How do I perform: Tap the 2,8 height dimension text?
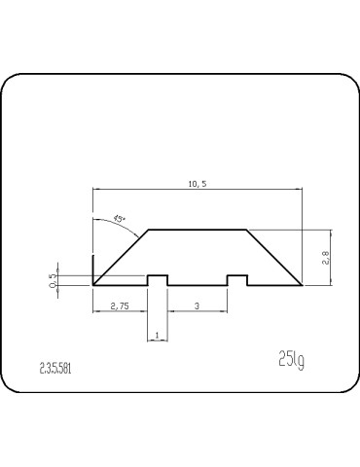pos(325,258)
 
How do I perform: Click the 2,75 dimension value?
pos(120,305)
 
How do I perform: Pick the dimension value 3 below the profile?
pos(198,305)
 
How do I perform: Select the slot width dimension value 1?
pos(157,336)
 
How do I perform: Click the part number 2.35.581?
pos(55,368)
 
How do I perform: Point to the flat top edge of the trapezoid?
pos(197,230)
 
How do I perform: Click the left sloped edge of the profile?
pos(122,257)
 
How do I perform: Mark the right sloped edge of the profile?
pos(274,258)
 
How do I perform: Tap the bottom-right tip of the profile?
pos(302,285)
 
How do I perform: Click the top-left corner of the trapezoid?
pos(148,230)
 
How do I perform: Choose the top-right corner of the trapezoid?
pos(247,230)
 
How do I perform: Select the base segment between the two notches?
pos(198,285)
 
